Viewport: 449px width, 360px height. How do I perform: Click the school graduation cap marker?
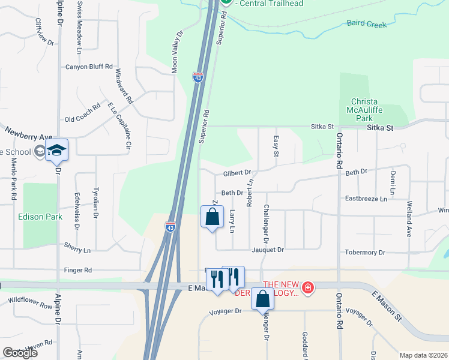coord(57,151)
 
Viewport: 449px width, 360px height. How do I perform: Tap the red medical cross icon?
coord(308,289)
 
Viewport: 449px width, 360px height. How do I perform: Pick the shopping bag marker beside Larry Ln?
coord(212,218)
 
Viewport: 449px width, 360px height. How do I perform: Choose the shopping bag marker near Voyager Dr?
coord(262,300)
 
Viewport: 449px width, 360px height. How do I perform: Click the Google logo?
coord(20,353)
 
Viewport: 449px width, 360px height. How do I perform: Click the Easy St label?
coord(276,146)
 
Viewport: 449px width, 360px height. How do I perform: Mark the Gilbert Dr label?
coord(237,173)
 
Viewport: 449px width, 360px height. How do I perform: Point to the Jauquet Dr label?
coord(268,250)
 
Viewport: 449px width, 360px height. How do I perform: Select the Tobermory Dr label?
coord(365,253)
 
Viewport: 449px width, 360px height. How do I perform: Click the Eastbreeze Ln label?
coord(366,198)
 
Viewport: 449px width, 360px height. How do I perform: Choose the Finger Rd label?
coord(79,271)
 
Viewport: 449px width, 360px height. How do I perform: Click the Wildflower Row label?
coord(30,301)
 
